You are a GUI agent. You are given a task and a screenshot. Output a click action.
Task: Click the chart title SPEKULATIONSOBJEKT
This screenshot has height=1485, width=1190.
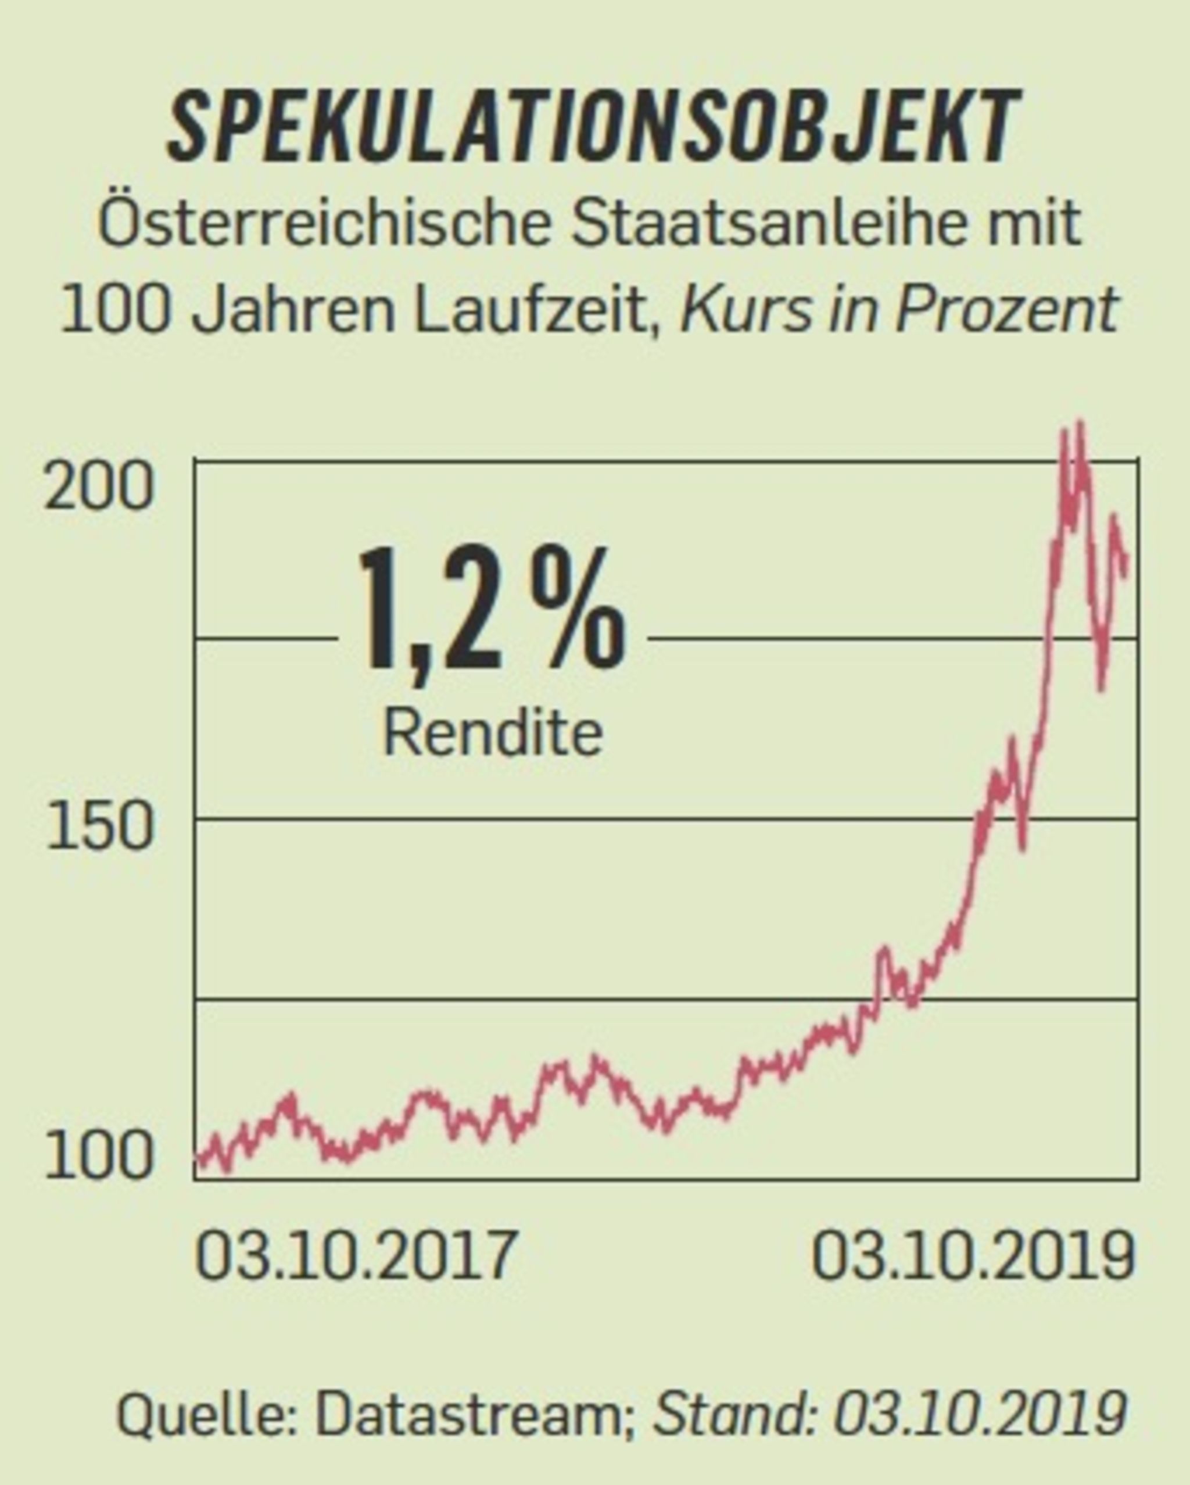[594, 127]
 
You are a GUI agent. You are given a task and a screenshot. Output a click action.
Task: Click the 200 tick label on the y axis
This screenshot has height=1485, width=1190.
[98, 488]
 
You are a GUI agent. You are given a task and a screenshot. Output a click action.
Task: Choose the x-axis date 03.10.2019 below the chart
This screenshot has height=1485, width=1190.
[972, 1255]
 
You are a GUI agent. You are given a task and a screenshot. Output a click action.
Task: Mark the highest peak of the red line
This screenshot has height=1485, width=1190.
[1080, 423]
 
